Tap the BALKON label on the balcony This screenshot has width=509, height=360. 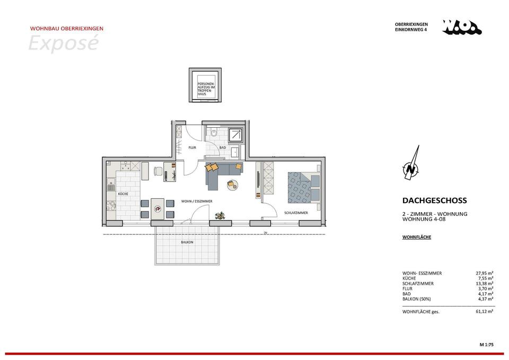point(187,242)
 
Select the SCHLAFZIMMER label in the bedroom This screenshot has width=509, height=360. point(296,213)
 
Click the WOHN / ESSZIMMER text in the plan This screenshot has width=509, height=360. point(197,202)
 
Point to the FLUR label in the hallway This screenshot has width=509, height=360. point(192,148)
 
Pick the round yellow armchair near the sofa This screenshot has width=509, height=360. point(232,185)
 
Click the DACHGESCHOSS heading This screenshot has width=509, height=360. point(434,201)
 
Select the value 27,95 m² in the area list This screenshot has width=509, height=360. point(485,273)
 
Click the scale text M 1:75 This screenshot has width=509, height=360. point(486,345)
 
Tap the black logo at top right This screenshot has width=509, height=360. point(461,27)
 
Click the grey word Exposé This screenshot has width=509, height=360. point(63,43)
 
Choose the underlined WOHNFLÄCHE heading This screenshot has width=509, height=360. point(417,237)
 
